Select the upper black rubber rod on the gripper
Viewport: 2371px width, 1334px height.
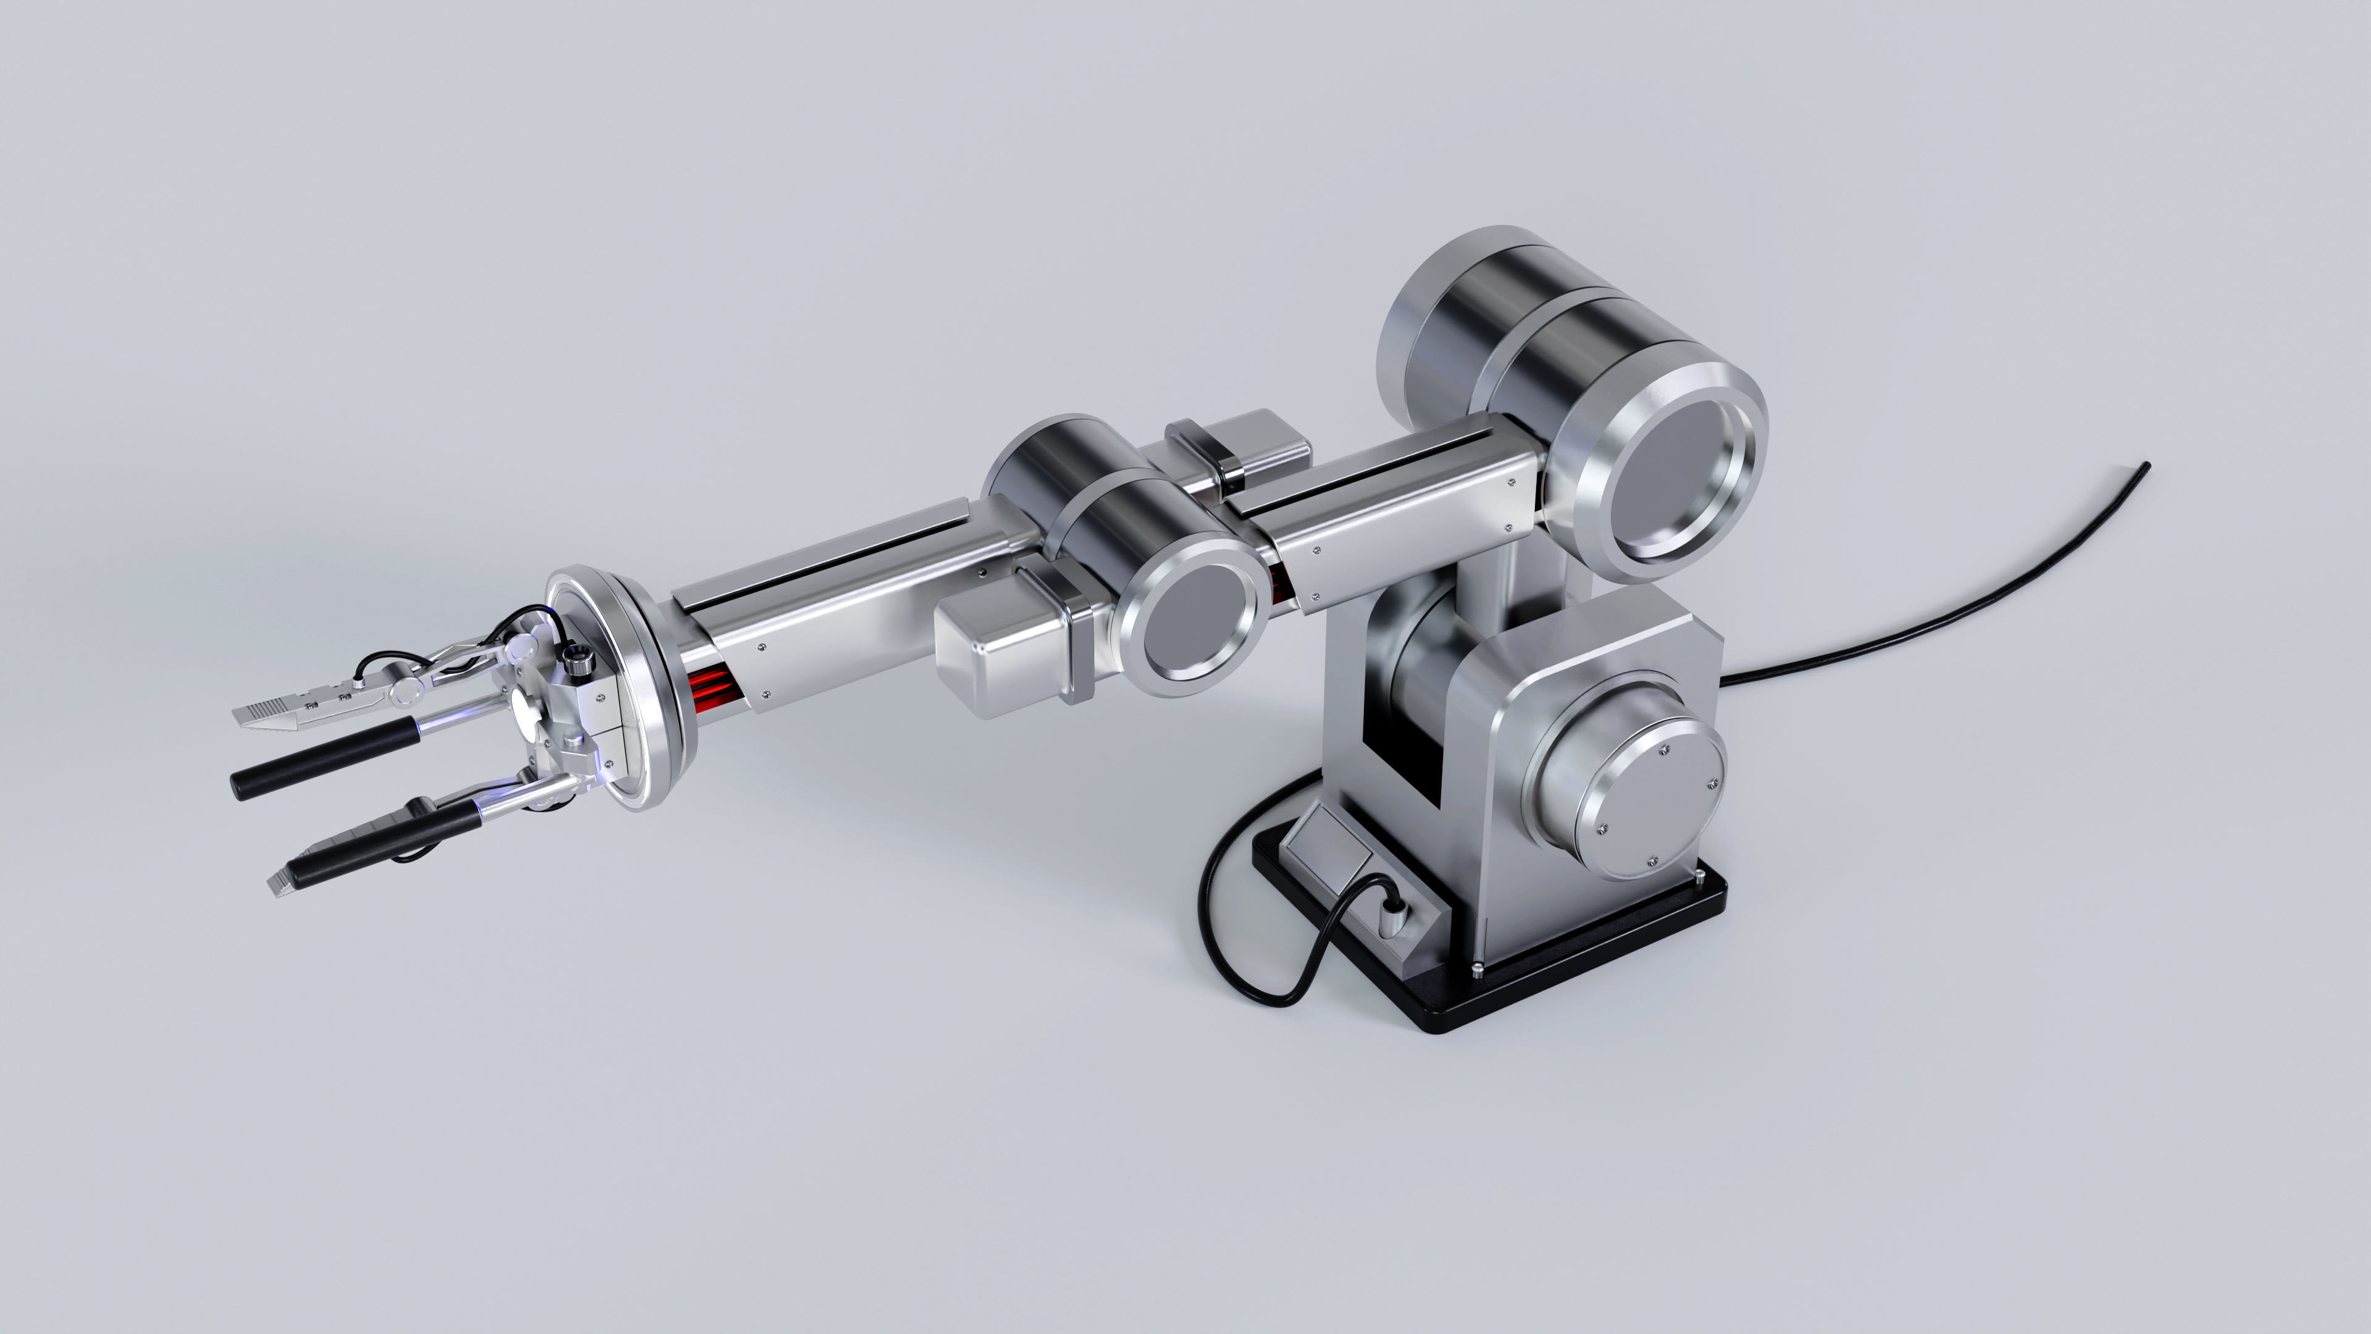click(x=322, y=760)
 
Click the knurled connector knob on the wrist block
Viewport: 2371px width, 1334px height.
click(x=577, y=657)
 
